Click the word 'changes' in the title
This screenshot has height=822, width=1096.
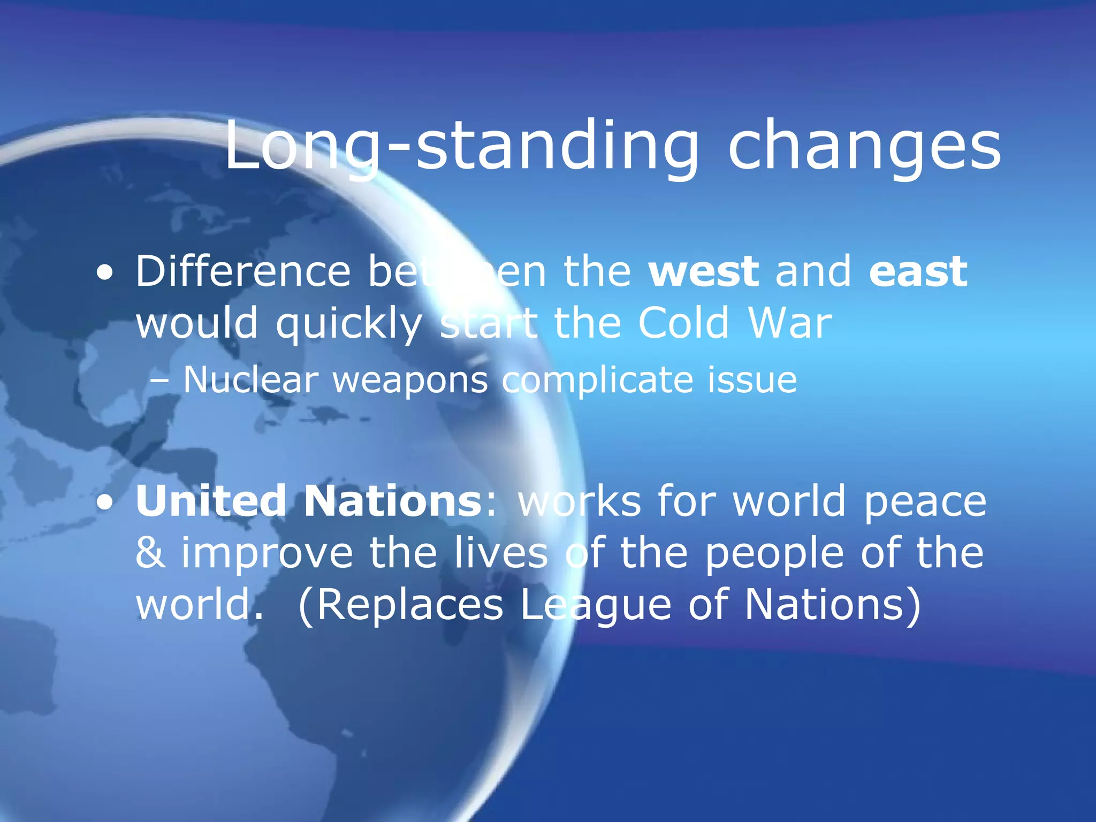tap(864, 146)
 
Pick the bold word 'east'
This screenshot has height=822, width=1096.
tap(918, 271)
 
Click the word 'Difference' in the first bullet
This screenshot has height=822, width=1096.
tap(243, 271)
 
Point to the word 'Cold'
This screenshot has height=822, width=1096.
tap(683, 323)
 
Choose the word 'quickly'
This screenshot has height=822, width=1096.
tap(349, 324)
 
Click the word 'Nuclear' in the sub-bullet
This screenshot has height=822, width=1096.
tap(251, 380)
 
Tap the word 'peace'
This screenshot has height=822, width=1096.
tap(925, 502)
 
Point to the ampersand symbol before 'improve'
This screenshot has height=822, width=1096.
tap(150, 553)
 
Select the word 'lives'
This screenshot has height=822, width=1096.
tap(501, 553)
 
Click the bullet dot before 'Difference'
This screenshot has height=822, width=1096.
tap(105, 273)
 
